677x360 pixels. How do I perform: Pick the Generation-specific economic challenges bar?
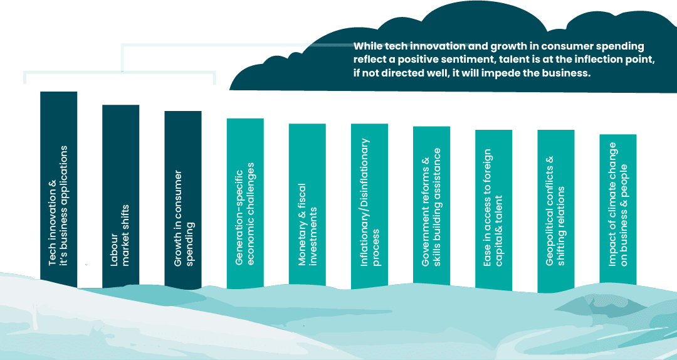245,201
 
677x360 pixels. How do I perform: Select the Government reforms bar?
431,207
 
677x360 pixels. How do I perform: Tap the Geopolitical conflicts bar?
556,210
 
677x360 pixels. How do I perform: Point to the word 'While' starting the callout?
366,46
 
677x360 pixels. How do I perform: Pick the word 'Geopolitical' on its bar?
550,226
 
